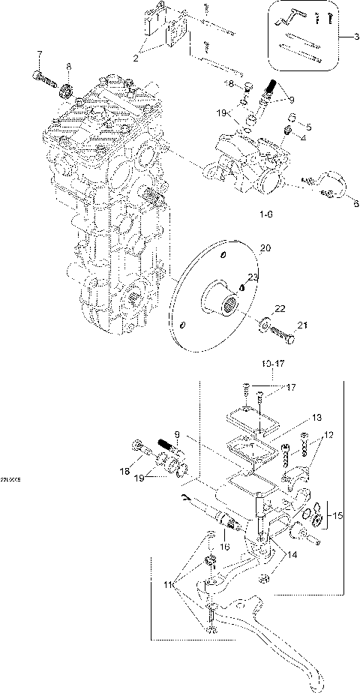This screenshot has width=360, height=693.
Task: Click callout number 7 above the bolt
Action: point(40,54)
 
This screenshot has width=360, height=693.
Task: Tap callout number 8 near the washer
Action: point(68,67)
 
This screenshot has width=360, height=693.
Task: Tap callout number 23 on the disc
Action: point(232,277)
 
